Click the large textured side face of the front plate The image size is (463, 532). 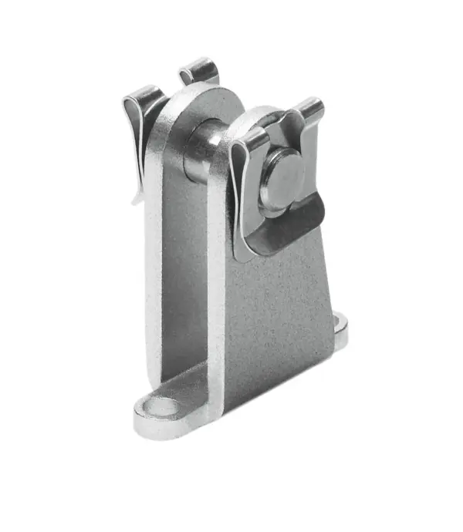[x=282, y=308]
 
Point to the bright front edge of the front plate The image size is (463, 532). [x=217, y=308]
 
